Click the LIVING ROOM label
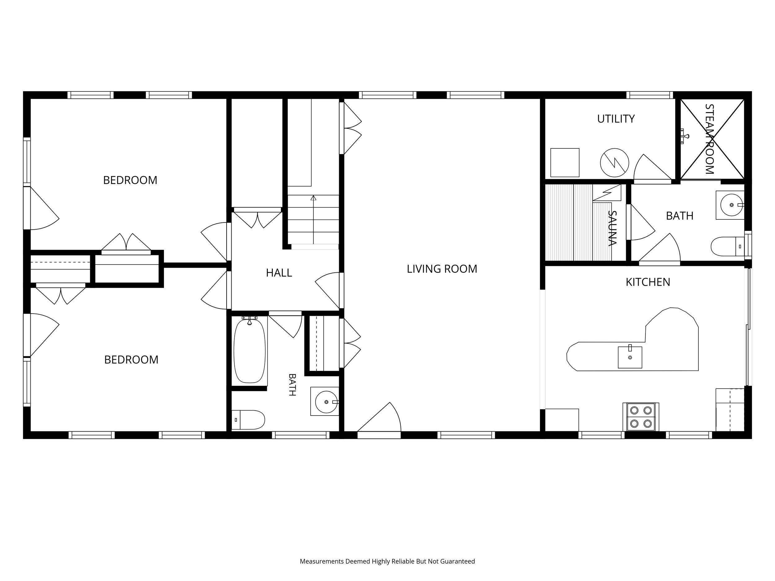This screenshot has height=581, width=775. point(442,269)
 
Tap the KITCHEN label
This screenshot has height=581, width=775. point(648,282)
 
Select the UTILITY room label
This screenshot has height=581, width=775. point(616,119)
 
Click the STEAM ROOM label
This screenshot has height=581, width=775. point(709,139)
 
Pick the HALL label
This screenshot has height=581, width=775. point(279,273)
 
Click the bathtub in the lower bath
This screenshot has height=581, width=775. point(250,350)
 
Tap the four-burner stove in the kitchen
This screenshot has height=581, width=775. point(641,417)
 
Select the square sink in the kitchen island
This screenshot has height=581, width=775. point(630,357)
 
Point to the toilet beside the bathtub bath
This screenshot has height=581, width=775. point(248,420)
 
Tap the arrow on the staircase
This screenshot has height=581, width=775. point(314,220)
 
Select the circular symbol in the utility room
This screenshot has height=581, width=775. point(614,163)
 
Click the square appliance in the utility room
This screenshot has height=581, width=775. point(565,162)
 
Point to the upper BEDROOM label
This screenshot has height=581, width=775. point(130,180)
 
